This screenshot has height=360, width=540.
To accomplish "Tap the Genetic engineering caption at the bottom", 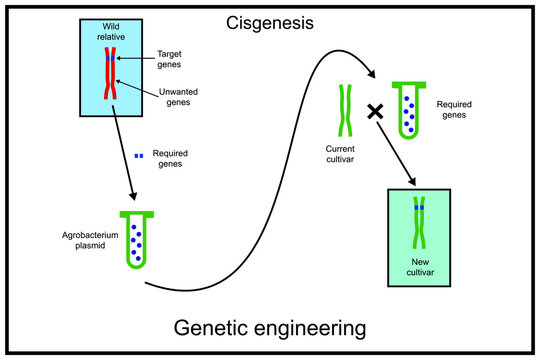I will click(x=270, y=327).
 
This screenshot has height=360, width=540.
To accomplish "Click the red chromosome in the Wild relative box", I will click(x=110, y=74).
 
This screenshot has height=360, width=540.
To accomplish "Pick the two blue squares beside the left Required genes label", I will click(x=139, y=155).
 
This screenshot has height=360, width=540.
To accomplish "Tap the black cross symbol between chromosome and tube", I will click(x=376, y=113).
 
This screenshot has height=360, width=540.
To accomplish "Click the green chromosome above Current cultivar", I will click(x=345, y=111).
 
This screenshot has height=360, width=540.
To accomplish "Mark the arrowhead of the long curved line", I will click(x=373, y=75).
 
